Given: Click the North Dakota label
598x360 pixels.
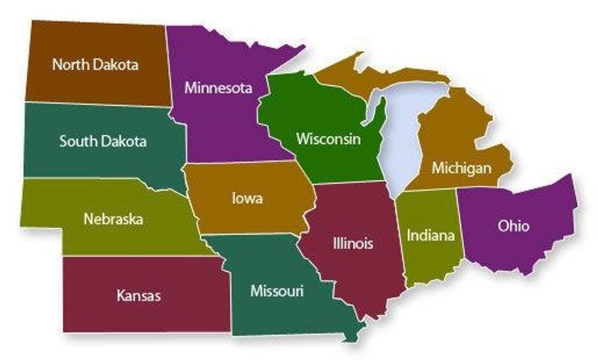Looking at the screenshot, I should (95, 64).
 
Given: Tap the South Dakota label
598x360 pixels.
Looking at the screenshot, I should (103, 142).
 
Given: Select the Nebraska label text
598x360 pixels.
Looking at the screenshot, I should (113, 218).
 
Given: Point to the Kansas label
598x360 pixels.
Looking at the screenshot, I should (139, 296).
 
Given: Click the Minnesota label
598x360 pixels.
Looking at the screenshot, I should (218, 87).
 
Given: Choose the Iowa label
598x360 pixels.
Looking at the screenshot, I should (247, 198).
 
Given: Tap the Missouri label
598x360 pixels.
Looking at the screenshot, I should (276, 291).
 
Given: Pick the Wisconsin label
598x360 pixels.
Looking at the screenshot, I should (328, 139).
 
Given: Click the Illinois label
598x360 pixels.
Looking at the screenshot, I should (353, 243).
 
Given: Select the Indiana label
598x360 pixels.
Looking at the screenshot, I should (431, 235).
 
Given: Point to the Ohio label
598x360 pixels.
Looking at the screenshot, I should (513, 226).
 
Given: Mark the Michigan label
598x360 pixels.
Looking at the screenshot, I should (461, 167).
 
